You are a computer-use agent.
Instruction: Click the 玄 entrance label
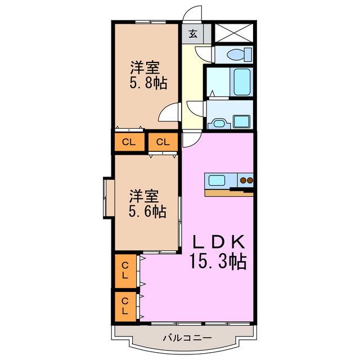[x=193, y=34]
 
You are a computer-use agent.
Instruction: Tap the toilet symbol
[x=239, y=55]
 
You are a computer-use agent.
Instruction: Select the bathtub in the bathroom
[x=242, y=82]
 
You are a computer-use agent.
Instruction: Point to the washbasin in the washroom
[x=219, y=124]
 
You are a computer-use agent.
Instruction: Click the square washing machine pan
[x=241, y=121]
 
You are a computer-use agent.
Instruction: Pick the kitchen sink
[x=217, y=180]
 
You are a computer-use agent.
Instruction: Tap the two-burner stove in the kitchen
[x=246, y=180]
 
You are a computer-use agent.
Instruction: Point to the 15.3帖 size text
[x=218, y=261]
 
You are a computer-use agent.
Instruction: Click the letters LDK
[x=218, y=242]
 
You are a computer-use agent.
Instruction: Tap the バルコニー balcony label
[x=187, y=338]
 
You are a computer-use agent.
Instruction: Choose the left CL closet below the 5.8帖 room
[x=129, y=142]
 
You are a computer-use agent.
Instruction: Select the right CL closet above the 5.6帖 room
[x=163, y=142]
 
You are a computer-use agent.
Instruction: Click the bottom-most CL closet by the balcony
[x=125, y=306]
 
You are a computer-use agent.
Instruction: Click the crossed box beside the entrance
[x=234, y=33]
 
